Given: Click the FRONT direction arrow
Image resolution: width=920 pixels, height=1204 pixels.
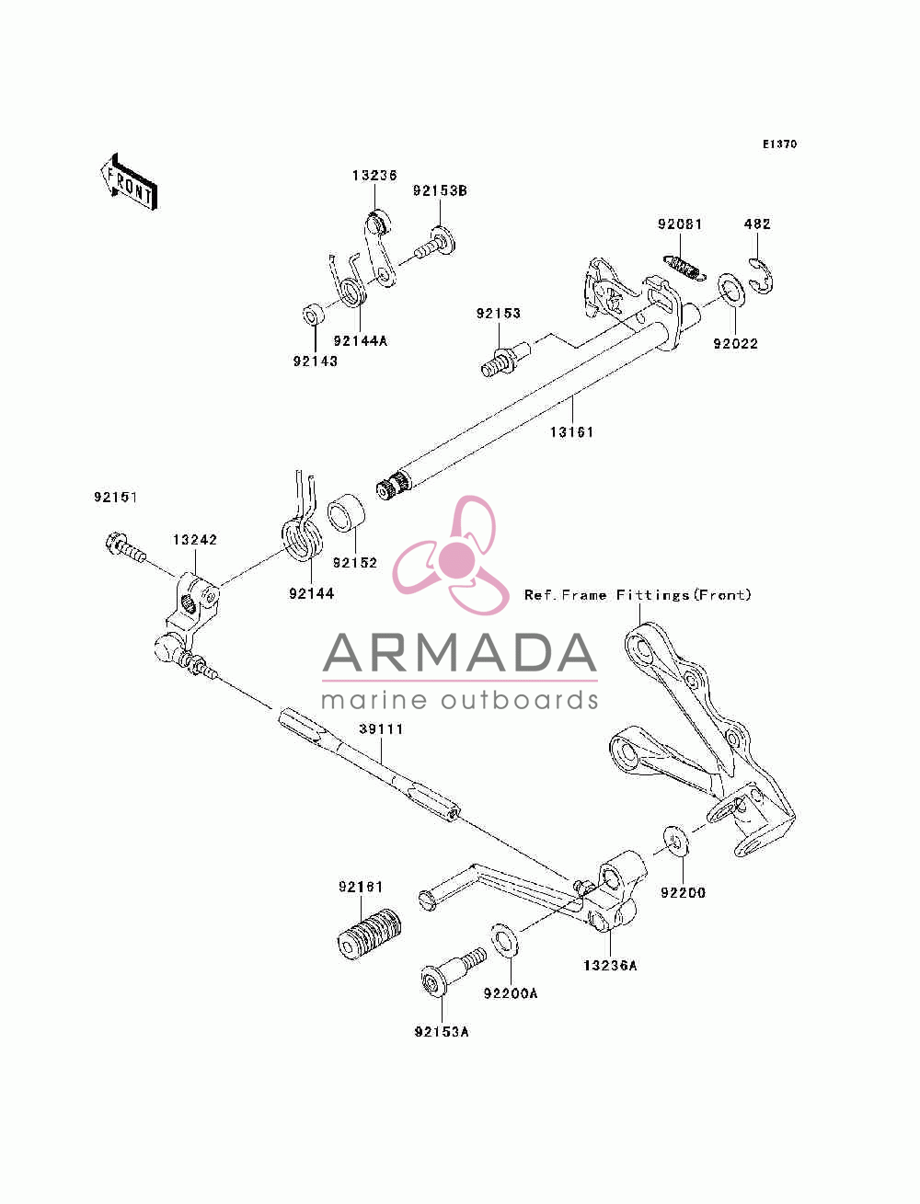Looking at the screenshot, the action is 130,183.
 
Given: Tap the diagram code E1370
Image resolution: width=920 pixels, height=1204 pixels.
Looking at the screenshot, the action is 779,144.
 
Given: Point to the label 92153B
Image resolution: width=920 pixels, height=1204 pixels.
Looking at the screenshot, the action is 440,191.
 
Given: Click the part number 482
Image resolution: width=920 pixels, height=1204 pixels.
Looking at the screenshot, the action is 756,224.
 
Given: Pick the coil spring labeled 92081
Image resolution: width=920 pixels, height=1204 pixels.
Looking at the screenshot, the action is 684,269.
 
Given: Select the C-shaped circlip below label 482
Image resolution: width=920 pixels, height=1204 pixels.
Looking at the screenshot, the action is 761,275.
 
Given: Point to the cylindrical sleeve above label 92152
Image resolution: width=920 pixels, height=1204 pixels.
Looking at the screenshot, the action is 346,513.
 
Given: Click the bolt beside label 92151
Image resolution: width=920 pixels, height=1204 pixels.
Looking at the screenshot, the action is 124,547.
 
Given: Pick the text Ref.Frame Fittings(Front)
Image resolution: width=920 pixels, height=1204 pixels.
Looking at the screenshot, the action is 638,595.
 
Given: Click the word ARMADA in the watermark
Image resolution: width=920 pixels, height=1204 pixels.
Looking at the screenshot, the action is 460,652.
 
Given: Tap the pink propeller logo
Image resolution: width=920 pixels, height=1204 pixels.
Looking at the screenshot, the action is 452,556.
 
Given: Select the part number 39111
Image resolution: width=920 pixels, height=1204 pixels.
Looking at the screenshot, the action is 381,729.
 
